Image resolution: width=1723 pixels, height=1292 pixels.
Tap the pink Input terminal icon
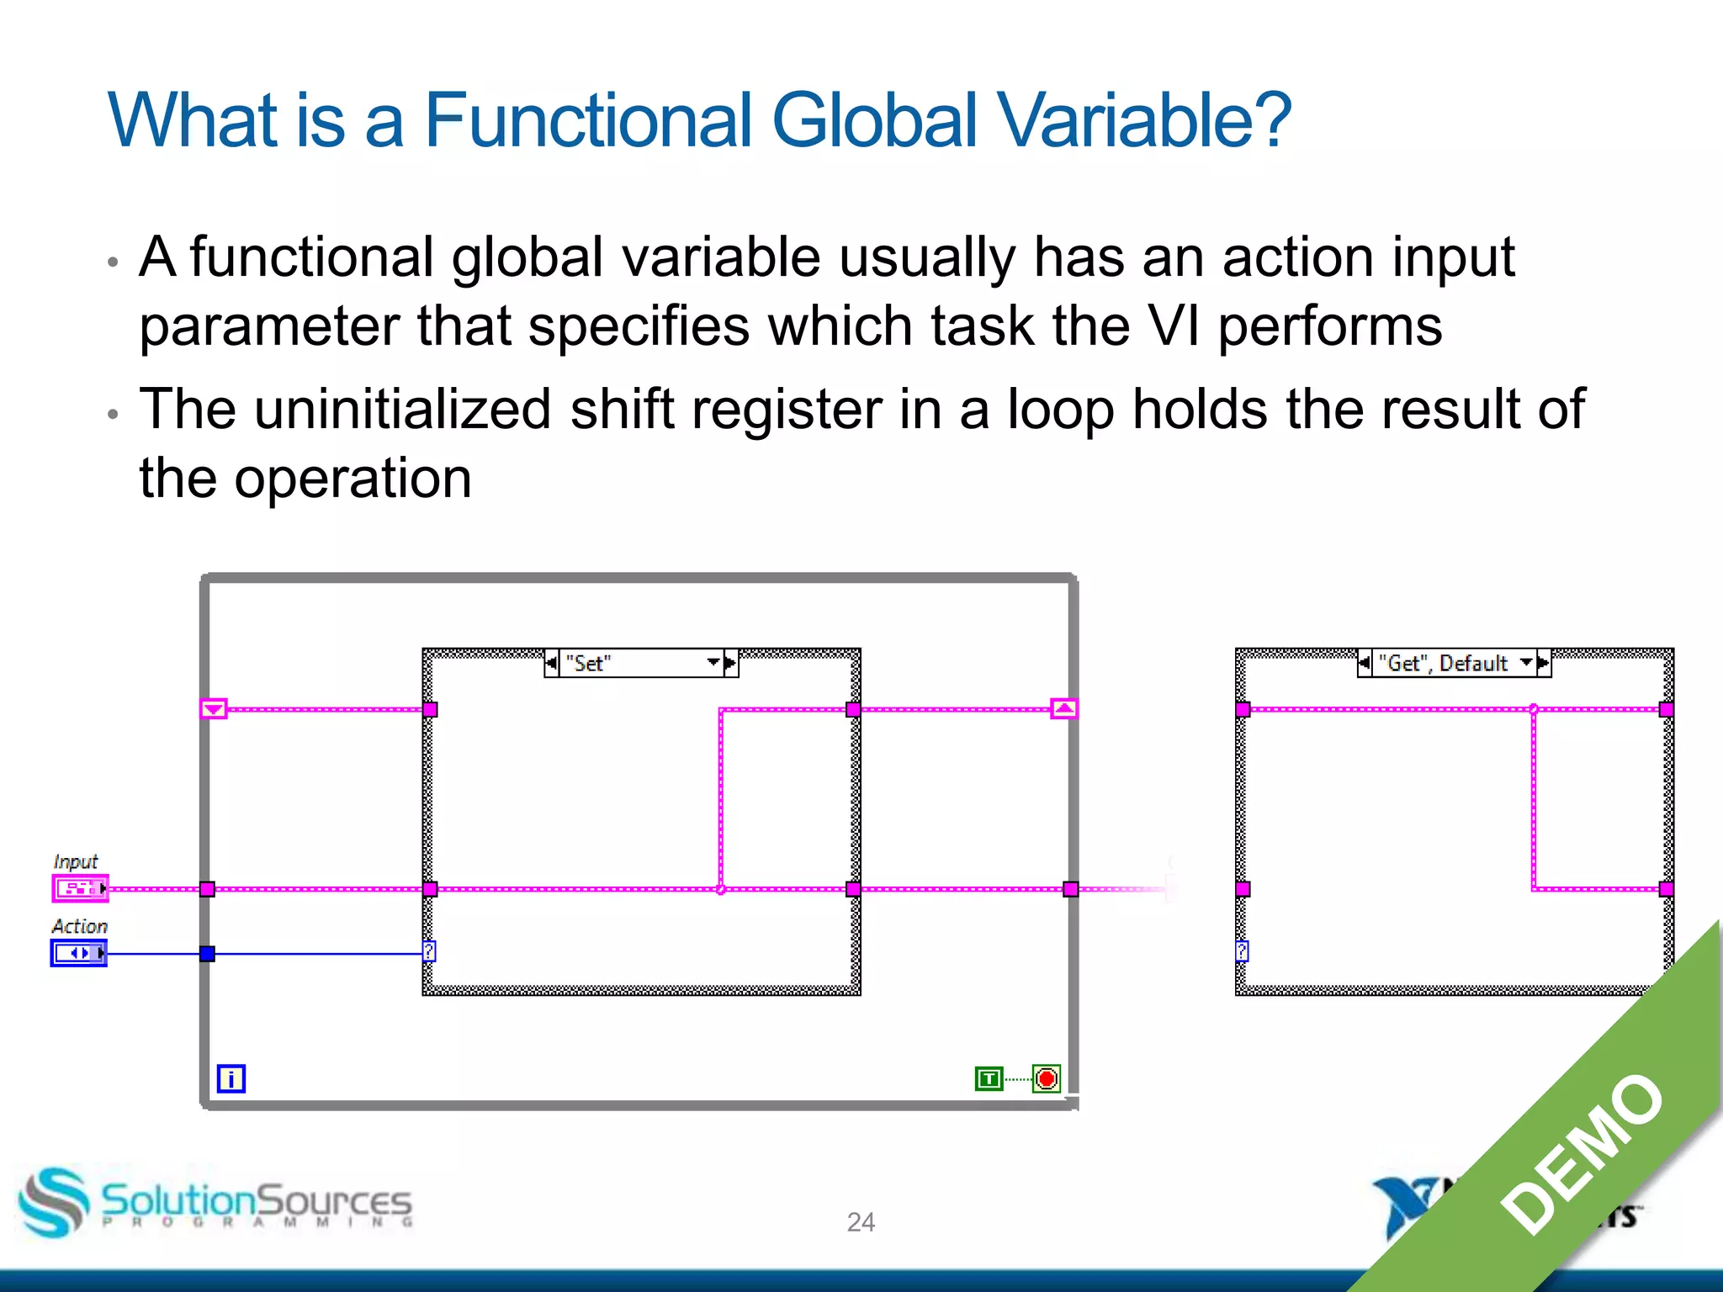click(x=79, y=888)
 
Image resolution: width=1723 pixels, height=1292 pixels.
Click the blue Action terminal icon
click(x=78, y=953)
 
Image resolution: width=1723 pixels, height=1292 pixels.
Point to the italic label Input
click(x=76, y=861)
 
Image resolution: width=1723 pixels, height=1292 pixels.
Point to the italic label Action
click(x=80, y=926)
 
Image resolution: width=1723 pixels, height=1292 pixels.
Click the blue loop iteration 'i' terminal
click(x=231, y=1078)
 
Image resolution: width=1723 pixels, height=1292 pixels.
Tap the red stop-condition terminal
click(x=1047, y=1078)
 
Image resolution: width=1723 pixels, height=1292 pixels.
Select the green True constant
click(x=989, y=1078)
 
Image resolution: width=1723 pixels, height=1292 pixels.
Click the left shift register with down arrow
click(x=214, y=709)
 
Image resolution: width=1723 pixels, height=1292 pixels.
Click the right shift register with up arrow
click(x=1064, y=709)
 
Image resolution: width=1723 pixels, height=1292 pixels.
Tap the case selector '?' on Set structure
click(x=429, y=951)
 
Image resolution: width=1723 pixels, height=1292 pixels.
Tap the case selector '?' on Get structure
click(x=1242, y=951)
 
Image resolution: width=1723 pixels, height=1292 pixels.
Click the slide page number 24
click(x=861, y=1221)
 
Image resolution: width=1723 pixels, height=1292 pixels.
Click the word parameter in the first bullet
click(x=269, y=326)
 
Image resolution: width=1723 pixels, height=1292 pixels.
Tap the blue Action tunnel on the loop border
click(x=207, y=953)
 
